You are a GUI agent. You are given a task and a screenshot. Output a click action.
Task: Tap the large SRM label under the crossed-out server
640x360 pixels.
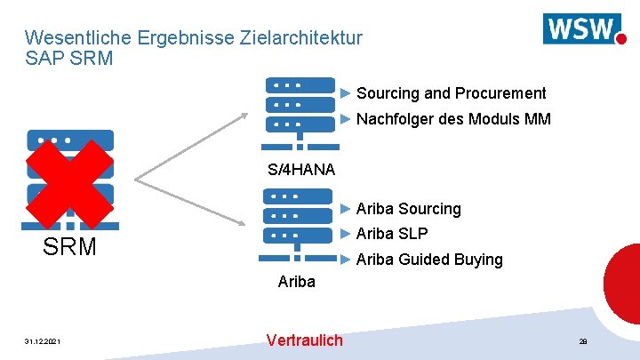(x=70, y=247)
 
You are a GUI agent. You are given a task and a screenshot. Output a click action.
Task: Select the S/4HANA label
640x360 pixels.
(x=300, y=170)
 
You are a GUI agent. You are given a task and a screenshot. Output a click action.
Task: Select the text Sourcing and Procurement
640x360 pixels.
(x=451, y=93)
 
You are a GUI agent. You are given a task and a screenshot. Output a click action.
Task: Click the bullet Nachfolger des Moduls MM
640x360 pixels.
(x=453, y=119)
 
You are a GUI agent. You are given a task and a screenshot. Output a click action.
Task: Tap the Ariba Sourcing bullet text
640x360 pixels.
(x=408, y=209)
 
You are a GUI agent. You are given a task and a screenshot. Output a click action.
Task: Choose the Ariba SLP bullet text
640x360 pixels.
(x=392, y=234)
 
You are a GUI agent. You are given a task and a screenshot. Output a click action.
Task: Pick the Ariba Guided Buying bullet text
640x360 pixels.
(x=429, y=260)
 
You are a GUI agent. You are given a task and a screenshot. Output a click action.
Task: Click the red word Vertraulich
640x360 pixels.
(x=304, y=340)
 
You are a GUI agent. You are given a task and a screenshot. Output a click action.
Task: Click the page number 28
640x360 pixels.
(x=583, y=341)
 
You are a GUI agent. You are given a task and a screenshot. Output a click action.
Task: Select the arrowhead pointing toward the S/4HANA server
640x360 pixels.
(x=246, y=114)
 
